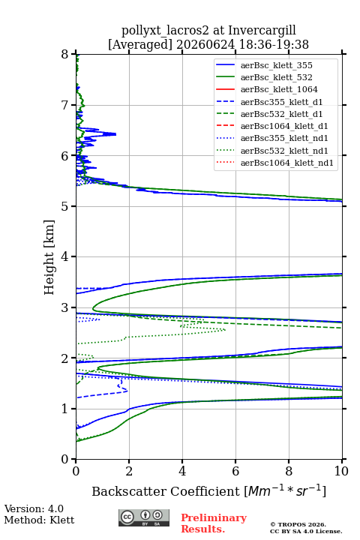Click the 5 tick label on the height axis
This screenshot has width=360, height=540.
[64, 206]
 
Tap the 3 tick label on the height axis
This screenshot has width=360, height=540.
[64, 307]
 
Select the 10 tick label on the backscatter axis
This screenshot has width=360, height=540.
[342, 471]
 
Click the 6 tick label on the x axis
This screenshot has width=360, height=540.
[235, 471]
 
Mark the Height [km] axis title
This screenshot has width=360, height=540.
[49, 257]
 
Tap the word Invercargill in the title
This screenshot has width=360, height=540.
[262, 30]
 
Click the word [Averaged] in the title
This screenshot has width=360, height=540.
[140, 44]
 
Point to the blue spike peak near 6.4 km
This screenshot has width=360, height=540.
[115, 134]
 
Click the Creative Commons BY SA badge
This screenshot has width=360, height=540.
[144, 517]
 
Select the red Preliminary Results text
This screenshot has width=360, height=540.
[214, 523]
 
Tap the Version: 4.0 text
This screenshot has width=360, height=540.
[34, 508]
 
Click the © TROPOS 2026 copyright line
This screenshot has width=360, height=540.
[298, 524]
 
